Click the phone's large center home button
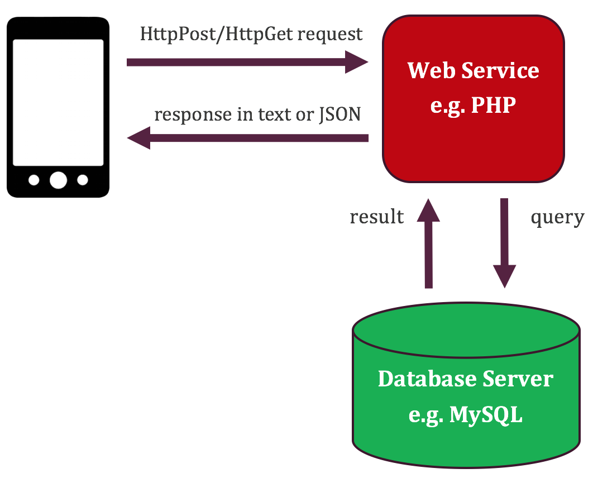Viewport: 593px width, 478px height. coord(58,180)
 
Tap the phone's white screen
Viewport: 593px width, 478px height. coord(58,102)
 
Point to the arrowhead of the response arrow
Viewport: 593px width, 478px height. coord(140,137)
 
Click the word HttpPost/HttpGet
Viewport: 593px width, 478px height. coord(216,34)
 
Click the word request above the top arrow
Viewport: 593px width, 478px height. coord(330,34)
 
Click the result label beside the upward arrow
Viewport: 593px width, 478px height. coord(376,217)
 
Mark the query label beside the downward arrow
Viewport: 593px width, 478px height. coord(557,217)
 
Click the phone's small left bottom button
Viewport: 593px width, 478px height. coord(34,180)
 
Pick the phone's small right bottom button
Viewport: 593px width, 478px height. coord(83,180)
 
